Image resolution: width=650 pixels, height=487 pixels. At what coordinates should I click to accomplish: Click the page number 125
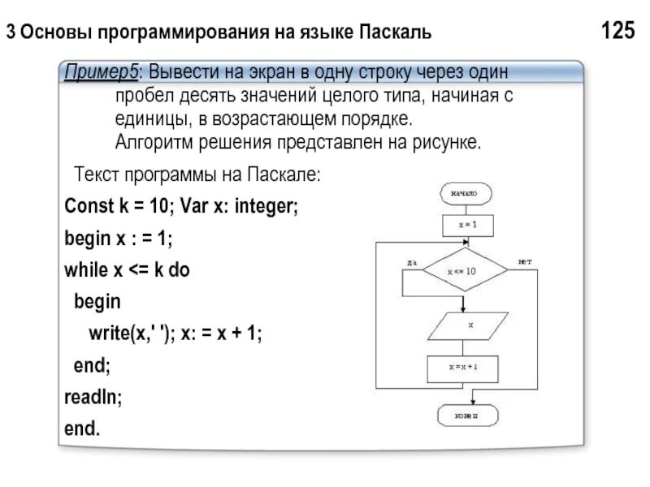point(617,32)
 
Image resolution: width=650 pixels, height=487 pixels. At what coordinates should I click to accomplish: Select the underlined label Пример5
point(101,72)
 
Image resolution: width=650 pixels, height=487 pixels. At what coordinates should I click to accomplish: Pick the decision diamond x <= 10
point(461,272)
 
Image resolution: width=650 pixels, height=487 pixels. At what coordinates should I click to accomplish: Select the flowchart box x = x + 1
point(463,368)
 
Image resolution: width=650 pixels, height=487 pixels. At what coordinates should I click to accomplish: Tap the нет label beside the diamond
point(525,261)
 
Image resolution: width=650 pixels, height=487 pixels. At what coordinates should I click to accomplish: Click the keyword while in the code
point(85,270)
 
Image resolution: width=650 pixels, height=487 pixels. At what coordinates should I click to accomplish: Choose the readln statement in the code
point(93,397)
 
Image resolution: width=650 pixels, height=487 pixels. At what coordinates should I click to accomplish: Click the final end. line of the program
point(82,428)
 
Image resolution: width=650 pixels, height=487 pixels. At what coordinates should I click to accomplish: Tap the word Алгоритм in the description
point(149,143)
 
